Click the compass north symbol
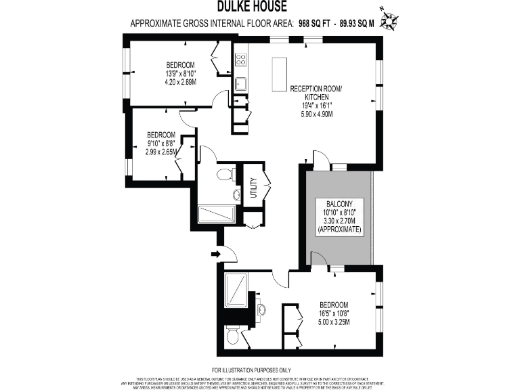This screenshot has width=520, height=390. (x=389, y=20)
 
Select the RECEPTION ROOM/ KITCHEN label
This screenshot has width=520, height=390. (x=316, y=93)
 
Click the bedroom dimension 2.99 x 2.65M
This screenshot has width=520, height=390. (x=161, y=152)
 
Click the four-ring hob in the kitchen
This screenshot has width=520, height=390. (x=240, y=59)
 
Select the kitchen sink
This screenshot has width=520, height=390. (x=240, y=84)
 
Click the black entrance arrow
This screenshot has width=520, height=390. (x=215, y=255)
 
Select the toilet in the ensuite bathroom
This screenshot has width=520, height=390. (x=232, y=336)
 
